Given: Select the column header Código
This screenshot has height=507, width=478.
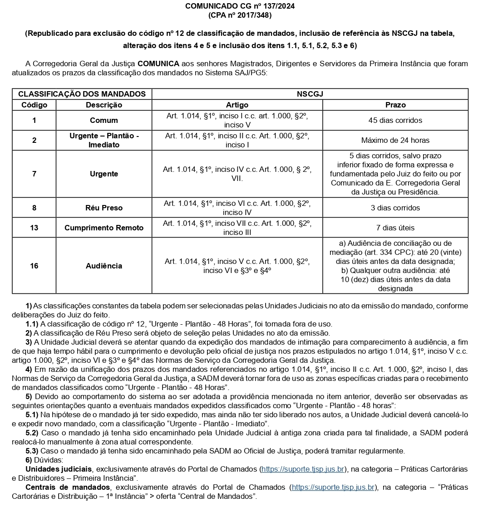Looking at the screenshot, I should pos(34,105).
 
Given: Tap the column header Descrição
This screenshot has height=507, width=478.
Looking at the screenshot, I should pos(104,105).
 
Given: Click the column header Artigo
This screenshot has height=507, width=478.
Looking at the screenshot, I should pos(237,105).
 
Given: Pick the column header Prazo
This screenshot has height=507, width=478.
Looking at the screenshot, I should pos(395,105).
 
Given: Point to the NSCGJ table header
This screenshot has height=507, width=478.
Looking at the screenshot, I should pos(310,94).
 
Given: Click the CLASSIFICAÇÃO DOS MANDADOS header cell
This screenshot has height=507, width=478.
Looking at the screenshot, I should pos(82,94).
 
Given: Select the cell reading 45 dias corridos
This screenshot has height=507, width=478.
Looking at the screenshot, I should pos(395,120).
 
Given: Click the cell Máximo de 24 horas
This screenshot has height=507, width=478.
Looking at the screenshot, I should pos(395,140).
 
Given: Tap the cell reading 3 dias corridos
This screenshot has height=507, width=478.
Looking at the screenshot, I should pos(395,208).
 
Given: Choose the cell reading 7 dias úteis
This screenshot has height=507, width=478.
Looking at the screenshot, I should pos(395,228).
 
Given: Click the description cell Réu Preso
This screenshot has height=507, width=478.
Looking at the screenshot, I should pos(104,208).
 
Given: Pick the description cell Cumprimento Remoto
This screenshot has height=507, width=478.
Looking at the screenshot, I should pos(104,228).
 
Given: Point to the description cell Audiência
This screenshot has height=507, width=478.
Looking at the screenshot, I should pos(104,266).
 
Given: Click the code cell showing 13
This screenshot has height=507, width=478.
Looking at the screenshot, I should pos(34,228).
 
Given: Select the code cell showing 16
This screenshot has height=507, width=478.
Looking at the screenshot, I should pos(34,266).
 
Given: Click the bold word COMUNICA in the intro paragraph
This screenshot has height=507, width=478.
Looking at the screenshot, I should pos(158,63).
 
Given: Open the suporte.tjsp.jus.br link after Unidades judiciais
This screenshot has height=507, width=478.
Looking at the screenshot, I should pos(303,469).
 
